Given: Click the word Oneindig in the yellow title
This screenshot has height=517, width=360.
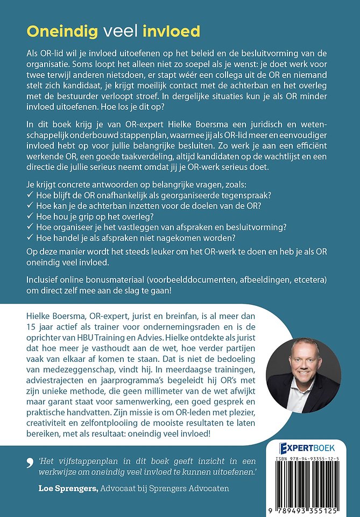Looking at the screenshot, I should pyautogui.click(x=61, y=31).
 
